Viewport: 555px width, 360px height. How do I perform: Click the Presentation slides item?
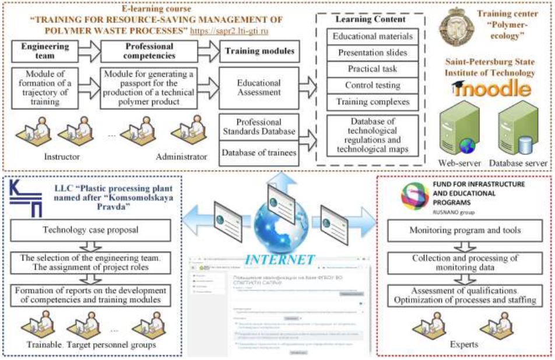coord(372,52)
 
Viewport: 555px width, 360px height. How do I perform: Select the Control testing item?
coord(372,85)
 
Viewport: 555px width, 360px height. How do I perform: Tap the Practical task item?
coord(372,69)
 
